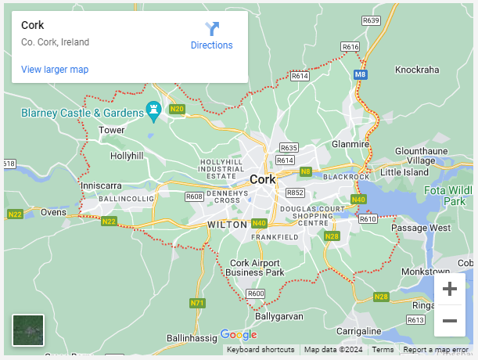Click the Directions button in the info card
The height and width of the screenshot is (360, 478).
211,36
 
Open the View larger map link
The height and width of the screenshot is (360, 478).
55,70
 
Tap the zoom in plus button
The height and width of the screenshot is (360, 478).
450,289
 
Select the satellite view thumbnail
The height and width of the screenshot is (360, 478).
28,329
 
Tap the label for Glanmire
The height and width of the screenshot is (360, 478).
350,144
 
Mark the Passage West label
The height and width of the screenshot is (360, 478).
421,228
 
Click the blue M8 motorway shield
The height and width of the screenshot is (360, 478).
360,74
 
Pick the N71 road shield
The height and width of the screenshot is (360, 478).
198,303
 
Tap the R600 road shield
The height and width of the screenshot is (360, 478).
255,293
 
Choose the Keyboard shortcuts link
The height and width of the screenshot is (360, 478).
261,350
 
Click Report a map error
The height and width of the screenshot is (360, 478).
436,350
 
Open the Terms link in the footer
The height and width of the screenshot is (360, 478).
383,350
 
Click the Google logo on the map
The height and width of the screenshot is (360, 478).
238,335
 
